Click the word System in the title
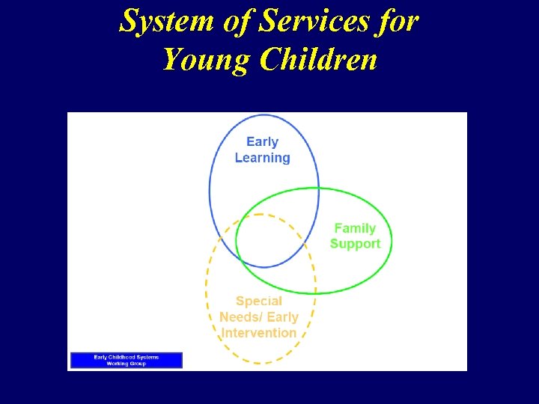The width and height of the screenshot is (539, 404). pos(159,21)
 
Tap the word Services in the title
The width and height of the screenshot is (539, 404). pos(313,21)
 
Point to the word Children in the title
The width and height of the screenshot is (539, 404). pos(318,58)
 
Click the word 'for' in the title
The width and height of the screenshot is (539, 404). pos(397,21)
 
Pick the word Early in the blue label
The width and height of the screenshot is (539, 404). pos(262,141)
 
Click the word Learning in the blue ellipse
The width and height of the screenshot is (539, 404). pos(262,158)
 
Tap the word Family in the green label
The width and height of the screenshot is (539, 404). pos(355,228)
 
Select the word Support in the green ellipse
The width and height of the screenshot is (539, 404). pos(355,244)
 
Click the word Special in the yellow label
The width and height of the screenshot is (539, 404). pos(259,302)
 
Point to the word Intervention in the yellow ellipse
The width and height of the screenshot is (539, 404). pos(259,333)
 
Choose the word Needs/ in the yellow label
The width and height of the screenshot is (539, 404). pos(238,317)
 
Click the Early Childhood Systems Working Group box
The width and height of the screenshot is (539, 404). pos(126,360)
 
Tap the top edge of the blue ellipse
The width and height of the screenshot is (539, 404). pos(264,114)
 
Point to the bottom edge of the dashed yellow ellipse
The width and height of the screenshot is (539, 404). pos(260,364)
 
